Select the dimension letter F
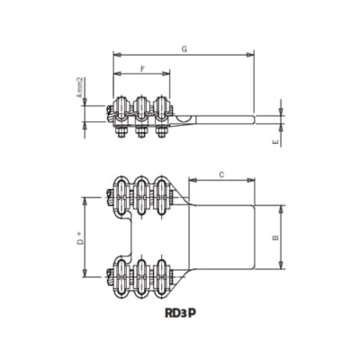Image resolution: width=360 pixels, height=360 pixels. click(x=142, y=70)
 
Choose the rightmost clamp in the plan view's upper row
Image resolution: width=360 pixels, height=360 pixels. click(x=162, y=195)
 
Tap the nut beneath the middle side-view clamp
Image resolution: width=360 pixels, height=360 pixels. click(x=140, y=134)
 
